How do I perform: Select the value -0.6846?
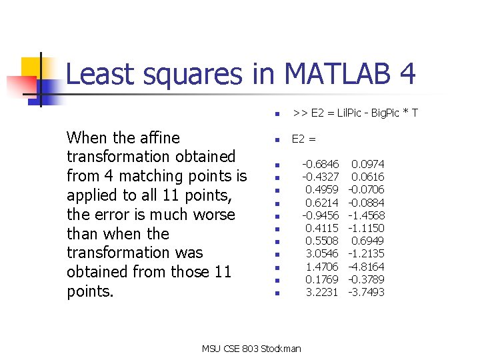[x=320, y=164]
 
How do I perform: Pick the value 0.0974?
[x=368, y=164]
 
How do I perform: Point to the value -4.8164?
[x=366, y=267]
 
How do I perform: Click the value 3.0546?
[x=322, y=254]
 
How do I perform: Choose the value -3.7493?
[x=366, y=293]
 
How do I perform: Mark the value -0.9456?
[x=320, y=215]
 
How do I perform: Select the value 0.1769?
[x=322, y=280]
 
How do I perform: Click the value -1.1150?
[x=366, y=228]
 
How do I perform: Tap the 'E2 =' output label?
[x=305, y=139]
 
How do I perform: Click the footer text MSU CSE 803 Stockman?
[x=251, y=349]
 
